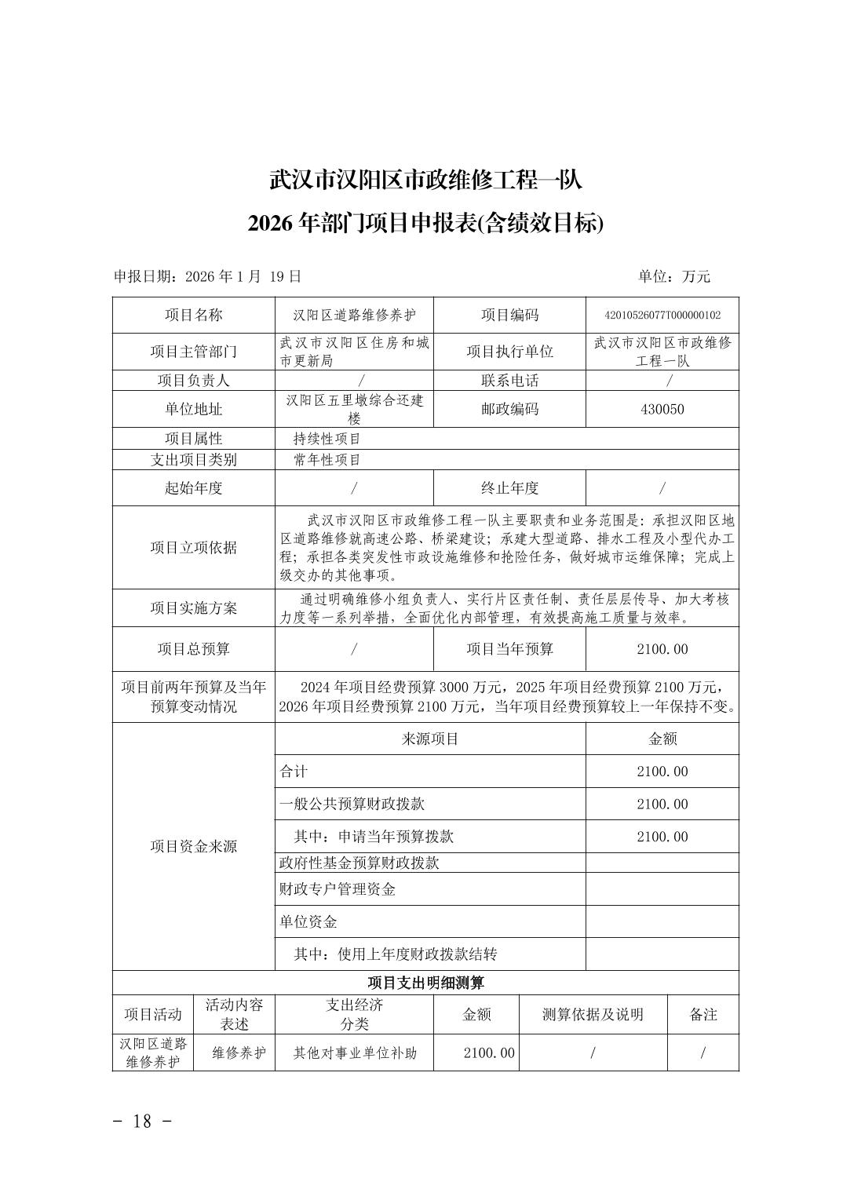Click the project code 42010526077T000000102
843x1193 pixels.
662,316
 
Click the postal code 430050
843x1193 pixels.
662,409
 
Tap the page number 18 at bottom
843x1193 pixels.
142,1121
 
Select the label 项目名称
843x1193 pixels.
193,316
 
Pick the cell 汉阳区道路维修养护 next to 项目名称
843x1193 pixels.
354,316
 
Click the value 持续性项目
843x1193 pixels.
327,439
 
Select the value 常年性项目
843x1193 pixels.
327,460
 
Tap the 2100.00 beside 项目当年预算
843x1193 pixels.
662,649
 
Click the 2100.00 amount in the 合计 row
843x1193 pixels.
662,772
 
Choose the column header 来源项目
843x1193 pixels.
430,739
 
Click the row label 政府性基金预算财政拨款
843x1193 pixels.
359,863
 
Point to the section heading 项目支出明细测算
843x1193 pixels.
425,983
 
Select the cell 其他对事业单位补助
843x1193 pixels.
355,1053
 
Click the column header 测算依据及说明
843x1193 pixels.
593,1014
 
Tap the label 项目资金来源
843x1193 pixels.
193,846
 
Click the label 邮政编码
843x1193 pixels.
509,409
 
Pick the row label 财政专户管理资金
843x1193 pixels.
338,889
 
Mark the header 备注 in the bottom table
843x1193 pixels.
703,1014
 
